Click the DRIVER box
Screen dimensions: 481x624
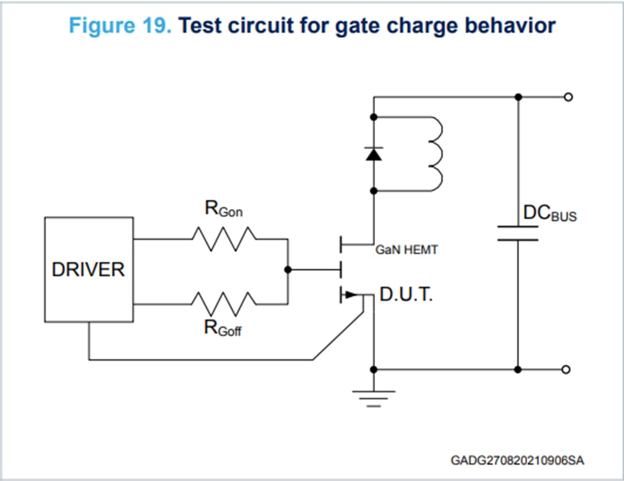click(89, 270)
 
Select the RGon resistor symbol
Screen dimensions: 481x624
click(223, 238)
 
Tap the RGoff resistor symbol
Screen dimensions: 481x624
click(223, 304)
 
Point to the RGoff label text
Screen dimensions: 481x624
click(223, 327)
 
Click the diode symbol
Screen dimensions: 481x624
click(374, 153)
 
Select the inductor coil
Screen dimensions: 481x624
click(434, 153)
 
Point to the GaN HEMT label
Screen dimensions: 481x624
click(406, 250)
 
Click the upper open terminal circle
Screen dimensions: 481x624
click(567, 97)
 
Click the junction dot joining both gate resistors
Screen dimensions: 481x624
click(288, 270)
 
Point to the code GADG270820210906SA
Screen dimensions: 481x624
click(517, 460)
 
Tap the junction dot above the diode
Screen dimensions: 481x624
click(374, 117)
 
